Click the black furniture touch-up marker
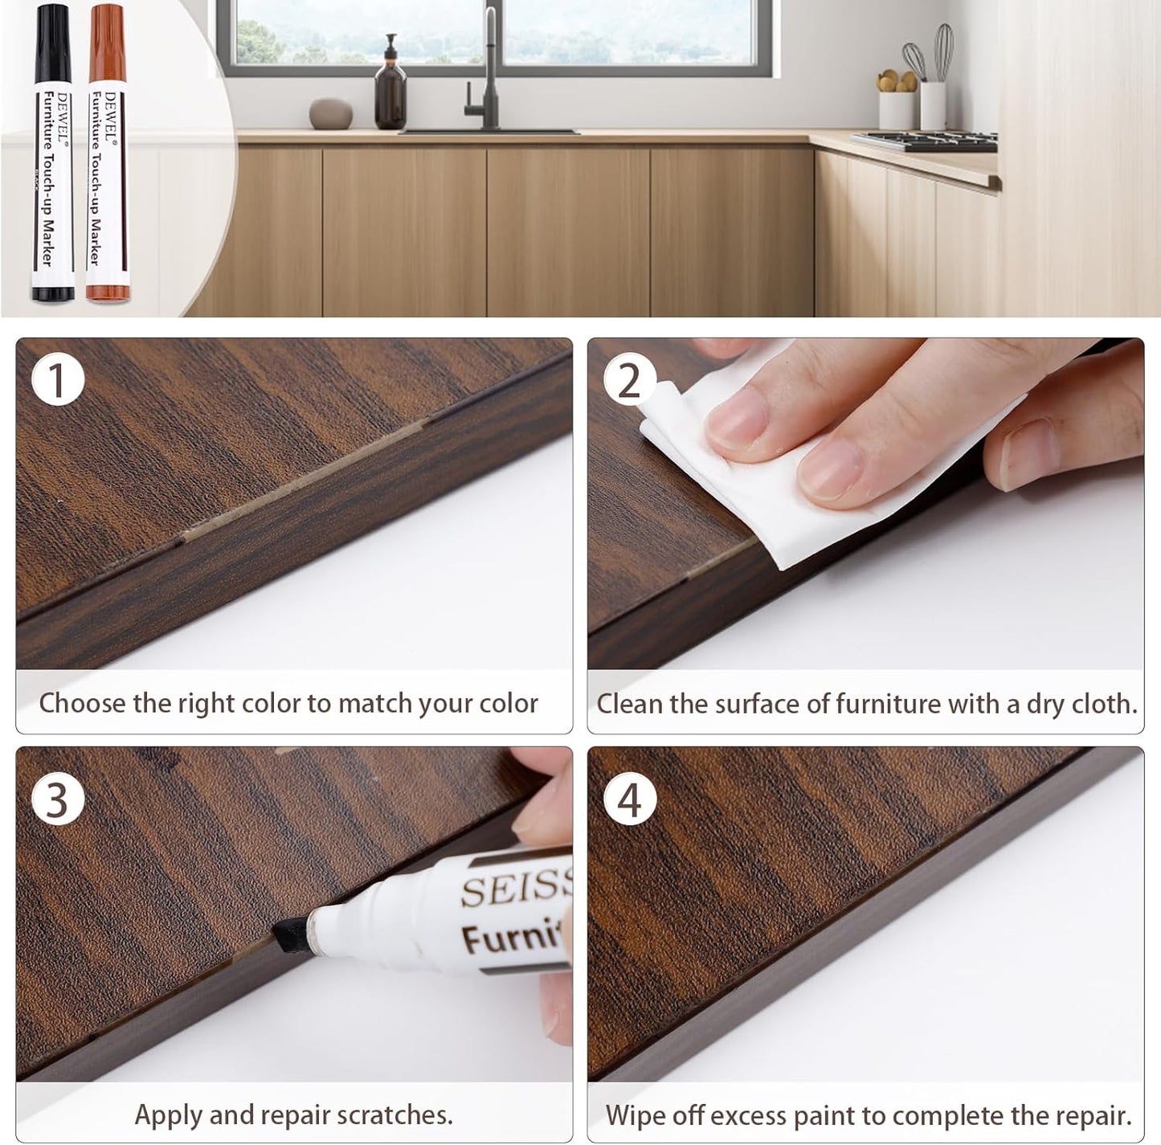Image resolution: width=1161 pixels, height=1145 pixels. (51, 153)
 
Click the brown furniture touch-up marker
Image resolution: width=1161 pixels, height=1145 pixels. (106, 153)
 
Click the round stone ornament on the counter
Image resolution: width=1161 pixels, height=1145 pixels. (331, 113)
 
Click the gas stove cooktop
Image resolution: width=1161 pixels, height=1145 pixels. (924, 141)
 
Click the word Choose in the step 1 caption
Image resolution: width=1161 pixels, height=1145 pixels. (83, 704)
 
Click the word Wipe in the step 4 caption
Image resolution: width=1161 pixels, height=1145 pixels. (635, 1115)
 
